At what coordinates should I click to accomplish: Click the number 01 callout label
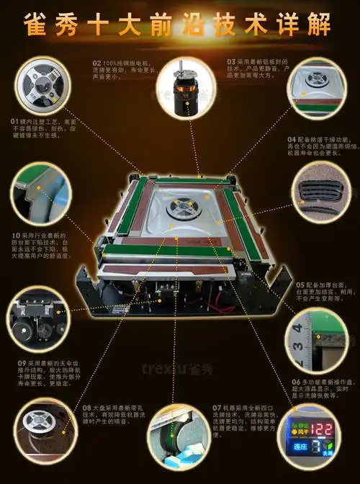coord(15,121)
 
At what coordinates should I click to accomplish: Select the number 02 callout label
coord(97,62)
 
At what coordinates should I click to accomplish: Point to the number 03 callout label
coord(230,62)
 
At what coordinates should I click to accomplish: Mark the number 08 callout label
coord(86,407)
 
